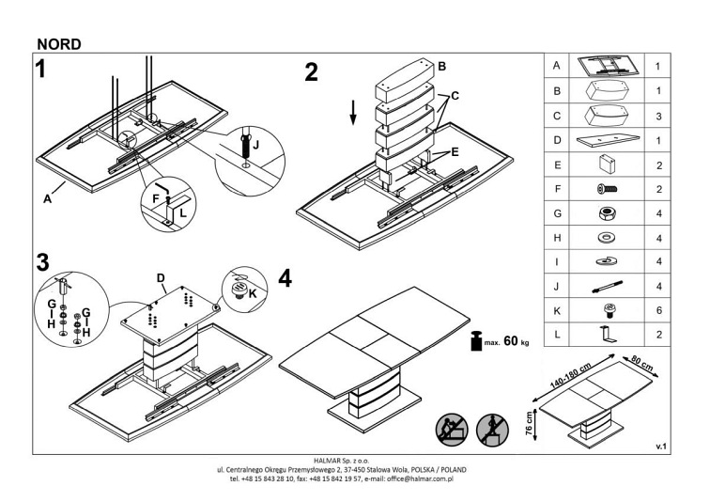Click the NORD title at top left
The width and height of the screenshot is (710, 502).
point(59,42)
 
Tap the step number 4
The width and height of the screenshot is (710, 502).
point(286,280)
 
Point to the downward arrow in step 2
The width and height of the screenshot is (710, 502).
point(354,111)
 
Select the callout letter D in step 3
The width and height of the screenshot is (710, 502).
point(162,277)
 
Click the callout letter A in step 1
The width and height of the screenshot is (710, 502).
point(46,197)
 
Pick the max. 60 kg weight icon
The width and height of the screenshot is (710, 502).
point(477,340)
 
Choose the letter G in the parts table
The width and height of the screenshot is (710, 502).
point(557,213)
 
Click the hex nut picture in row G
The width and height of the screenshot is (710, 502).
point(605,213)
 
